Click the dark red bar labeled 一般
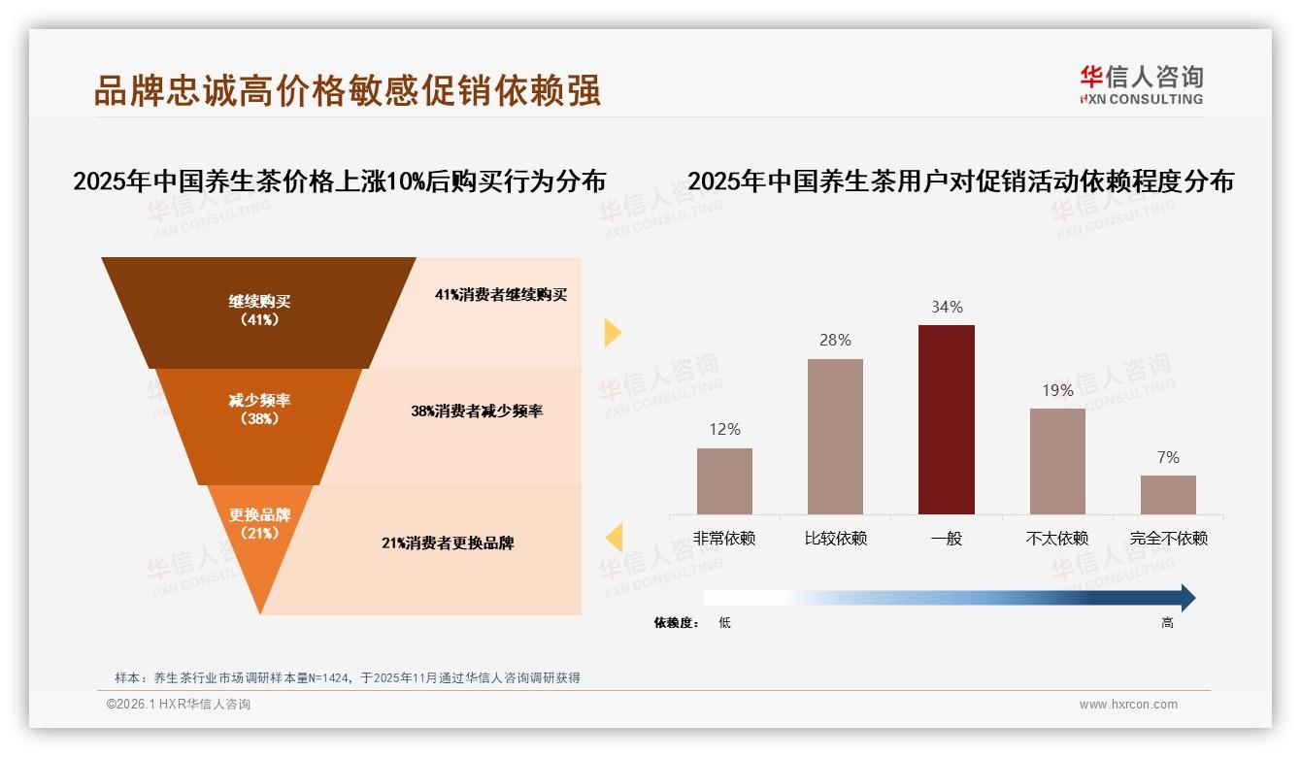(x=946, y=419)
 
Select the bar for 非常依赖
(x=724, y=480)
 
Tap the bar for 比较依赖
(x=835, y=436)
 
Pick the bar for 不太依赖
(x=1057, y=461)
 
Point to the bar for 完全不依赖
(x=1168, y=494)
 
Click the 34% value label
(x=947, y=307)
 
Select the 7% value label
(x=1168, y=457)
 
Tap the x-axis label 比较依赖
(x=835, y=538)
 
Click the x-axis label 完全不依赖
(x=1168, y=538)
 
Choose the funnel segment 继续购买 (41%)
(x=258, y=311)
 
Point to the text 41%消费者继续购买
(x=500, y=295)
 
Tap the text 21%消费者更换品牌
(x=448, y=543)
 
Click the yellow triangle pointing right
(x=612, y=332)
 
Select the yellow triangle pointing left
(x=614, y=537)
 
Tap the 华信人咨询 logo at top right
(x=1141, y=84)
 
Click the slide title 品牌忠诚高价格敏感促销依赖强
(x=347, y=90)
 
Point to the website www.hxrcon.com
(x=1128, y=705)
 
